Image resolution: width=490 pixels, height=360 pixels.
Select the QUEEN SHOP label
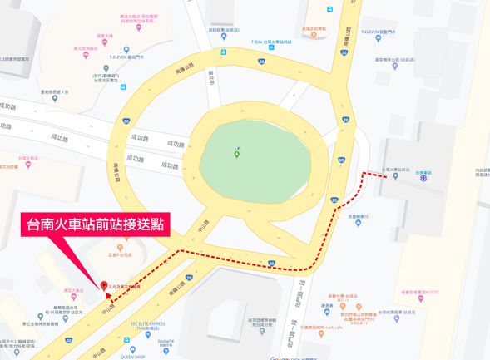(x=119, y=351)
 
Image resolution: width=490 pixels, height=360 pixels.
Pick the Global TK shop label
(x=165, y=342)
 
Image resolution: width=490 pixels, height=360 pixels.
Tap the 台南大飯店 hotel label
(x=28, y=157)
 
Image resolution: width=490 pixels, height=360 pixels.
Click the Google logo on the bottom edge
(x=284, y=357)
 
